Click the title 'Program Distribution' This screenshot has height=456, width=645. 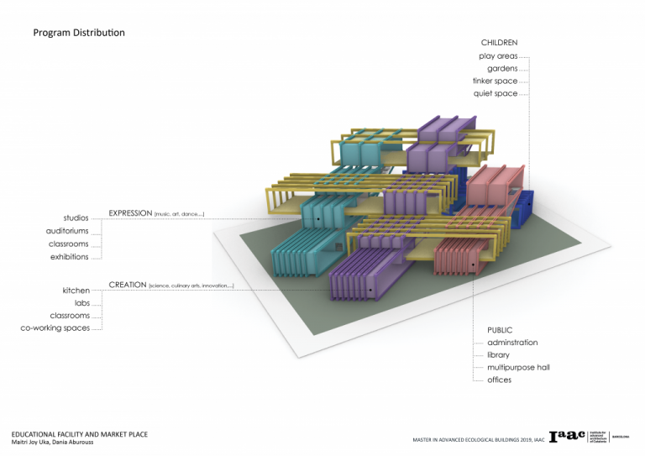[x=79, y=33]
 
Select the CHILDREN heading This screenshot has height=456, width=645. [x=499, y=43]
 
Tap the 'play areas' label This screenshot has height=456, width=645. [x=498, y=56]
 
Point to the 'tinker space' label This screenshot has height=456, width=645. [x=495, y=81]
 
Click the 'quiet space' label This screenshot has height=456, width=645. [x=496, y=94]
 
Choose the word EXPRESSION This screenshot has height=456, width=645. [x=130, y=214]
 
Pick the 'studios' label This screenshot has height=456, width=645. [x=76, y=218]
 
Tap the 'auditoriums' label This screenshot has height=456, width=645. [x=67, y=231]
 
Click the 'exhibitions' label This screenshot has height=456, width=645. [x=69, y=257]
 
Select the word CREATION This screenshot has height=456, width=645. [x=128, y=286]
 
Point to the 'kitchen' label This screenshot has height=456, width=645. [x=76, y=291]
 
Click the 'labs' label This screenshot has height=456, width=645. [x=81, y=303]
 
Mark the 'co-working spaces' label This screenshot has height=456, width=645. [x=55, y=328]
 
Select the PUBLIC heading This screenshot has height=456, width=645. [x=500, y=330]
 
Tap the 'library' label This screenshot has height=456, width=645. [x=498, y=355]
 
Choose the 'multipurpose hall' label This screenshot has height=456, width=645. [x=518, y=368]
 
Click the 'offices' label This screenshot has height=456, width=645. [x=499, y=380]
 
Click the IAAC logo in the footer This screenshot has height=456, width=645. [x=567, y=436]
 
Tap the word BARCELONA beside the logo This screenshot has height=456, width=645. [x=621, y=437]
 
